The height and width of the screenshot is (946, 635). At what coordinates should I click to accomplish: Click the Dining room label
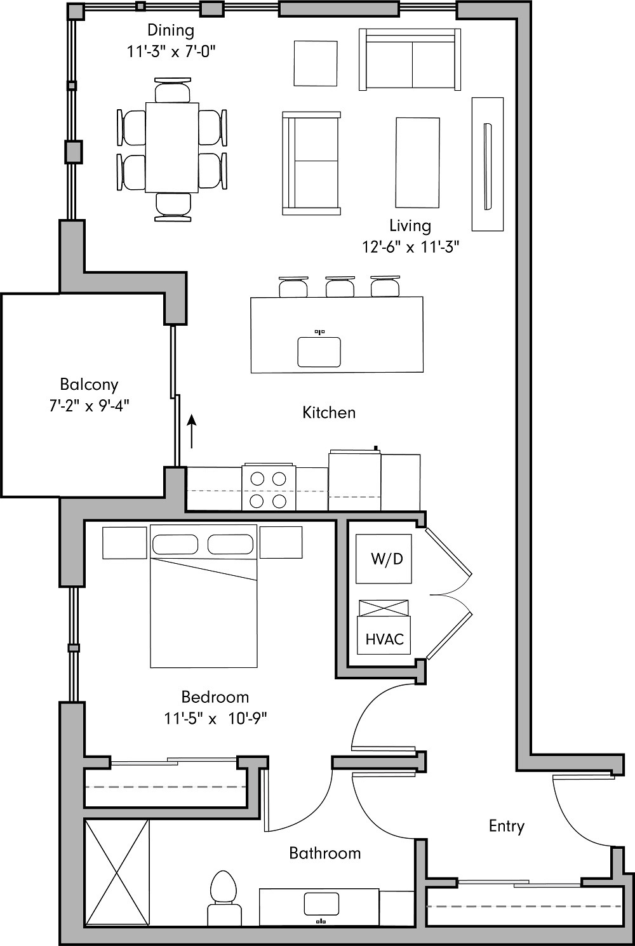[x=171, y=30]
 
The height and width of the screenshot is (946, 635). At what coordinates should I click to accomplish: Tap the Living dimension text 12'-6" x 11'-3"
[x=410, y=247]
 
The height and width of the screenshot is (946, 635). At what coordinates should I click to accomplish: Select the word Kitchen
[x=328, y=413]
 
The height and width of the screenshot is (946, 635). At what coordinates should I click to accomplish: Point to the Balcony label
[x=89, y=384]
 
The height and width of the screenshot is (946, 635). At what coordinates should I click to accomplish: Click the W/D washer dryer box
[x=384, y=559]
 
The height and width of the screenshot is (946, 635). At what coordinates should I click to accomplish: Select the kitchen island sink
[x=319, y=351]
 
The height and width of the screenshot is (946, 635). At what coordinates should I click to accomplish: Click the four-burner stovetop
[x=269, y=490]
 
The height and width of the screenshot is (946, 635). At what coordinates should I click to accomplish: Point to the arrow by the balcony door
[x=191, y=430]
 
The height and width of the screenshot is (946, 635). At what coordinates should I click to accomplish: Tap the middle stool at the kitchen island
[x=340, y=287]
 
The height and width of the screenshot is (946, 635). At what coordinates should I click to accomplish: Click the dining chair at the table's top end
[x=172, y=90]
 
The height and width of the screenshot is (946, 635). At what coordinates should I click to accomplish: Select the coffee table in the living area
[x=417, y=163]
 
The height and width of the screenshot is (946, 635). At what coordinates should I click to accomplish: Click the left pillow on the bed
[x=175, y=545]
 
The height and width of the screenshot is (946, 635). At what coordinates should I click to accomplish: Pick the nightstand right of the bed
[x=281, y=542]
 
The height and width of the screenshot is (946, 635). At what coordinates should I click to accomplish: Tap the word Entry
[x=506, y=826]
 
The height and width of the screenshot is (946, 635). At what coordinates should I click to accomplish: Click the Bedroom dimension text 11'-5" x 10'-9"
[x=215, y=719]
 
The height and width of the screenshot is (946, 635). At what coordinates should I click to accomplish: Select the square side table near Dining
[x=316, y=63]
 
